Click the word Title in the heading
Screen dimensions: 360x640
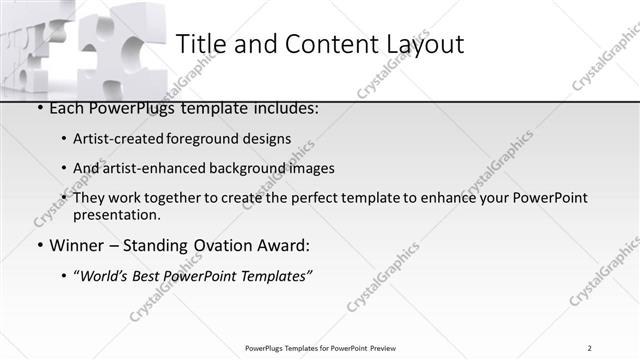tap(199, 45)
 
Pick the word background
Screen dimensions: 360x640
tap(241, 168)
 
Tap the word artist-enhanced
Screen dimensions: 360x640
tap(152, 168)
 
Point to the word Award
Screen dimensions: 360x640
tap(284, 245)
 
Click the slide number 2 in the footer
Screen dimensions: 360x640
tap(590, 348)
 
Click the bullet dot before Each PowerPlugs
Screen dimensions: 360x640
tap(39, 107)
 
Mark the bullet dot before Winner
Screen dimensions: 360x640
tap(39, 245)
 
